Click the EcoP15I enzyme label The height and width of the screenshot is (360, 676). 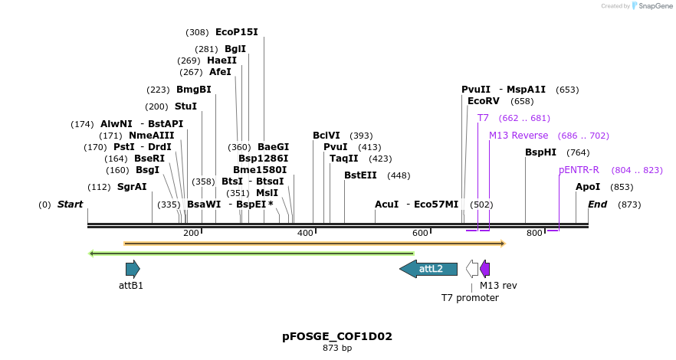236,32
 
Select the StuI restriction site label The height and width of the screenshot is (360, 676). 185,106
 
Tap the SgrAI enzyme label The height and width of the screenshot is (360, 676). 132,187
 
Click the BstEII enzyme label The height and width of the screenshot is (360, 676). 360,175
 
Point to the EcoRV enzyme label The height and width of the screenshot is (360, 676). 483,101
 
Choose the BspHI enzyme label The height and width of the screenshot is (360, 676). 540,152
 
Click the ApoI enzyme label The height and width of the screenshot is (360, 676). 588,187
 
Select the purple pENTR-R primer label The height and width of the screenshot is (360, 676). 579,169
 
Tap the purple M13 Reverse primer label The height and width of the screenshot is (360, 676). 518,136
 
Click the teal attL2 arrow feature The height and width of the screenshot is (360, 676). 428,269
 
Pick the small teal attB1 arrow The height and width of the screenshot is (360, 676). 133,269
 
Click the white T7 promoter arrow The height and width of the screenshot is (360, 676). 472,269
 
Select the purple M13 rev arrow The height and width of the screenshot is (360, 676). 485,269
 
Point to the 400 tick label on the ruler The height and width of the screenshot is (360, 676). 305,233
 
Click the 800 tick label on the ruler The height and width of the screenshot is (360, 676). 534,233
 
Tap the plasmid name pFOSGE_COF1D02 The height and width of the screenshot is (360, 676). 337,336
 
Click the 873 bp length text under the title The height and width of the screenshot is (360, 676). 337,348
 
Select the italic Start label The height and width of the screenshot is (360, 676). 70,205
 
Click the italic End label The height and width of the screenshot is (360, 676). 598,205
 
